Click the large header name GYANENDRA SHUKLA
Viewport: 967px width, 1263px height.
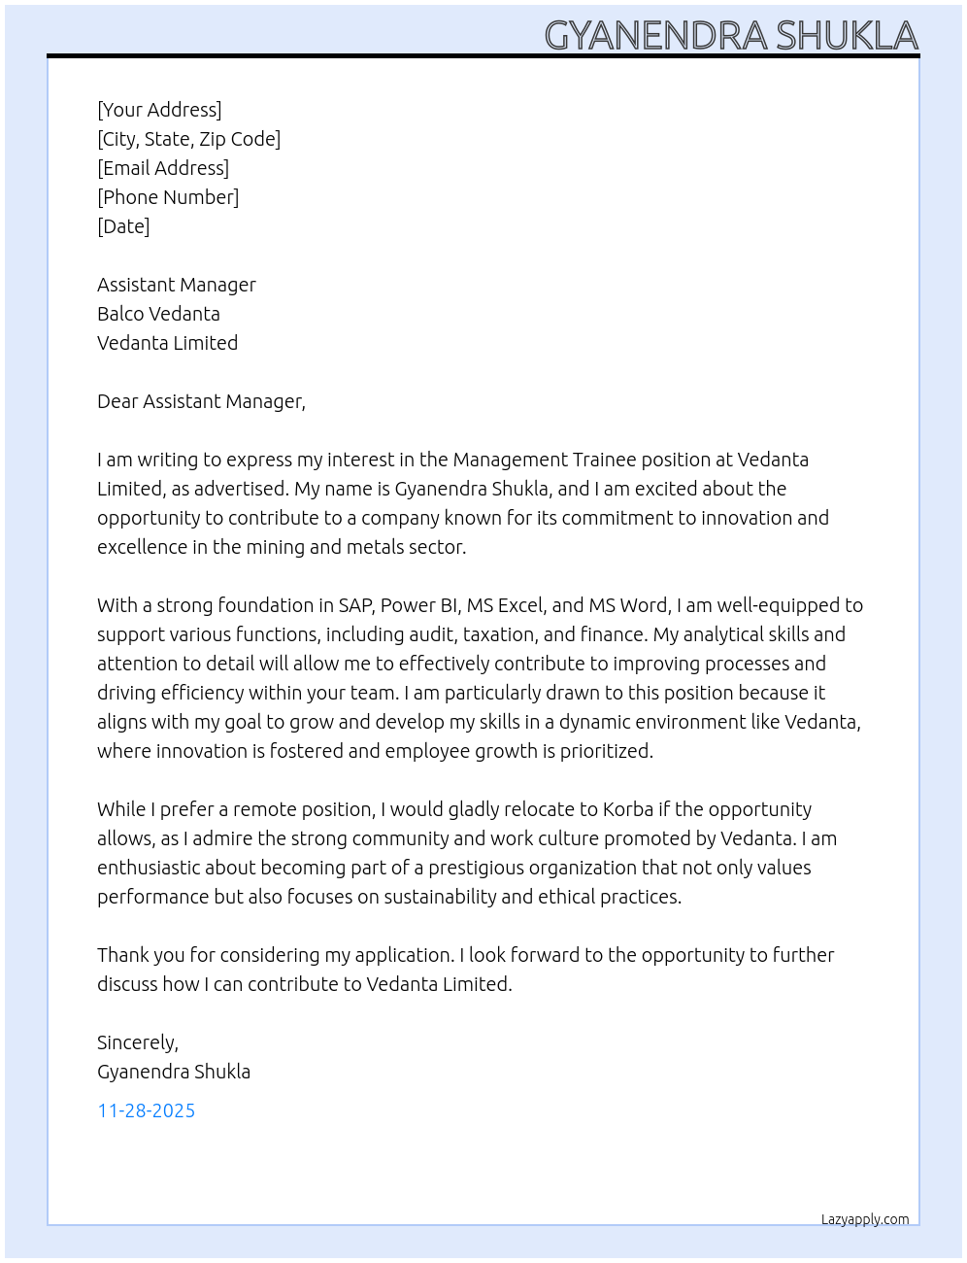coord(730,36)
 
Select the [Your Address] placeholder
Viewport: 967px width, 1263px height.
coord(159,110)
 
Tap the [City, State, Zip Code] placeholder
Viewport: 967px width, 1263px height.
coord(188,139)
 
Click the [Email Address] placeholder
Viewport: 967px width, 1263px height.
coord(163,168)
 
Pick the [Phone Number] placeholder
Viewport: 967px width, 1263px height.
coord(168,197)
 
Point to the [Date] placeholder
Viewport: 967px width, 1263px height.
coord(123,226)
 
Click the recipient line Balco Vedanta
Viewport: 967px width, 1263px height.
coord(158,314)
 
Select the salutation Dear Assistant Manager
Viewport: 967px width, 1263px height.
coord(201,401)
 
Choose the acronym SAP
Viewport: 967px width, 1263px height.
coord(355,605)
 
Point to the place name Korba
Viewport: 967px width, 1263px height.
coord(627,809)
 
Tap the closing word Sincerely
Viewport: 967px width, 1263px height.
coord(137,1042)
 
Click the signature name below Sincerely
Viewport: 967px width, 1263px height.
coord(174,1072)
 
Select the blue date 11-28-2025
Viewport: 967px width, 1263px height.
coord(147,1110)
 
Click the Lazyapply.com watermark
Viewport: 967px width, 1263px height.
coord(865,1219)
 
